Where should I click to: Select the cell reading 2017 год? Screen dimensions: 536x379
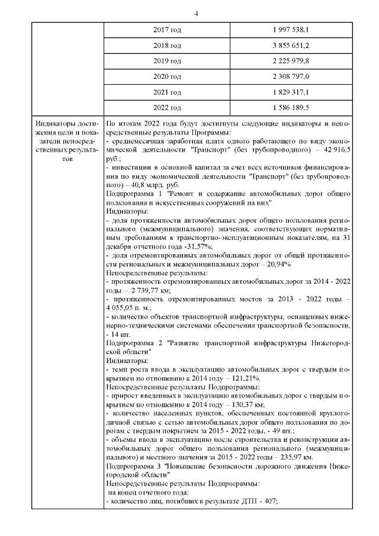click(168, 29)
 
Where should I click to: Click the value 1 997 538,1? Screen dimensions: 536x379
click(291, 29)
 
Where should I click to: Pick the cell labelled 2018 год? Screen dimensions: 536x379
click(168, 45)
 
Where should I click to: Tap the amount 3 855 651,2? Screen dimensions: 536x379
click(291, 45)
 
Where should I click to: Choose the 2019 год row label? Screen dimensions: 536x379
click(168, 60)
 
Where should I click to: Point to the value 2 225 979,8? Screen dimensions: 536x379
click(291, 60)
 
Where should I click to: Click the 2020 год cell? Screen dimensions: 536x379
click(168, 76)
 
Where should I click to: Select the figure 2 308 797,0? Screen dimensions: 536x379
click(291, 76)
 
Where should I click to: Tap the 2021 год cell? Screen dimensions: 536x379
click(168, 92)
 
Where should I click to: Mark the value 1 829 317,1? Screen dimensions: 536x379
click(291, 92)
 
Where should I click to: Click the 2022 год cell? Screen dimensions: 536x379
click(168, 108)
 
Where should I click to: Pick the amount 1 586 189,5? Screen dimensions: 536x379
click(291, 108)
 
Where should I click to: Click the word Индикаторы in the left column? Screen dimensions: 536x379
click(54, 124)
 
